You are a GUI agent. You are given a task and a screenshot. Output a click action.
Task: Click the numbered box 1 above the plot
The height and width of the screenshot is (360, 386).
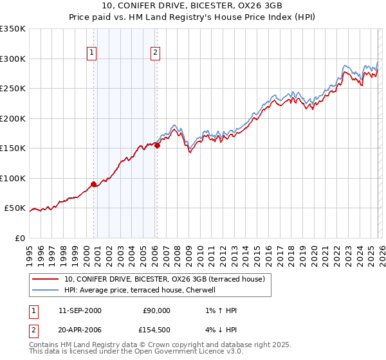coord(92,53)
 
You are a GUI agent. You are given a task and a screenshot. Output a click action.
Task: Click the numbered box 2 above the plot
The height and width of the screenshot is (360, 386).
coord(156,53)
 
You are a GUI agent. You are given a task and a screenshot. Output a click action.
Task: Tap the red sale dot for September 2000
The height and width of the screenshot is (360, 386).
coord(94,184)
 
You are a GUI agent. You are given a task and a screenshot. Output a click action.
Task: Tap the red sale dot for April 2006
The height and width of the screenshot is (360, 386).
coord(157,145)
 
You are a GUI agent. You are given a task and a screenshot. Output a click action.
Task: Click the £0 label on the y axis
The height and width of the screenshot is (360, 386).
coord(21,238)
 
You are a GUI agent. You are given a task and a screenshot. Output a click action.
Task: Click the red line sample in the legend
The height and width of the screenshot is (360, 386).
coord(46,279)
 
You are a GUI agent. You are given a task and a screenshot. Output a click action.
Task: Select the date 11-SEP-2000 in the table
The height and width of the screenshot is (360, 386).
coord(79,310)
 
